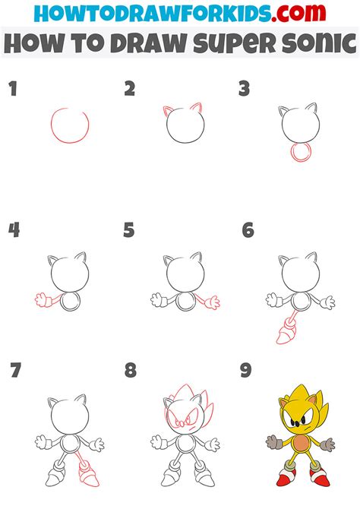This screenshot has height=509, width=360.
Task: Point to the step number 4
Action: [x=12, y=230]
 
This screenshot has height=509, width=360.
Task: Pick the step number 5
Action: [x=129, y=230]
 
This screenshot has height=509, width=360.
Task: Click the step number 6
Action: [x=247, y=230]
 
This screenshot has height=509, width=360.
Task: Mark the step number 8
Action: [x=130, y=371]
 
